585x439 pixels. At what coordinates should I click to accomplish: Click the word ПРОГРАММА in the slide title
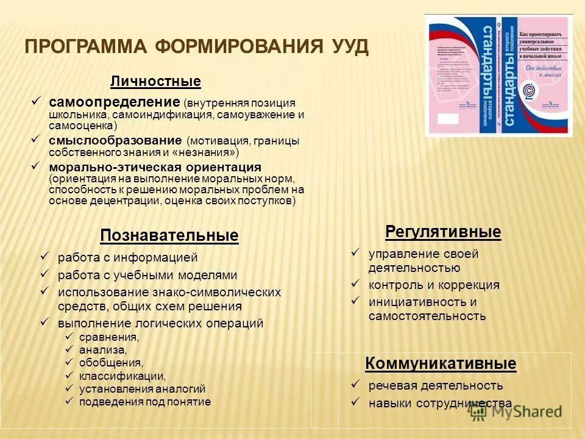(84, 48)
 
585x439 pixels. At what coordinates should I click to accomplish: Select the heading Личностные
(155, 81)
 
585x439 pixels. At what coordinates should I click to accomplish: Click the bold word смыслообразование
(116, 140)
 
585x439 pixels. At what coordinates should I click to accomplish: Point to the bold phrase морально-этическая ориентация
(155, 166)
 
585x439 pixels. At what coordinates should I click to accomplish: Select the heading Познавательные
(169, 235)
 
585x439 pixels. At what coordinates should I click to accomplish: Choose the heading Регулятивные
(443, 232)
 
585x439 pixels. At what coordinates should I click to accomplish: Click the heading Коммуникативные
(441, 364)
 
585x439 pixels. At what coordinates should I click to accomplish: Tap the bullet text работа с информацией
(128, 258)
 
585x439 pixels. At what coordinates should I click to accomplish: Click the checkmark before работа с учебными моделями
(44, 274)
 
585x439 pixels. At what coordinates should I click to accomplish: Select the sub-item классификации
(122, 376)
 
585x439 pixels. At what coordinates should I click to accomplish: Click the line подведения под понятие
(145, 401)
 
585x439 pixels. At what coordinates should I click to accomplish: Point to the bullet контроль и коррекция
(434, 285)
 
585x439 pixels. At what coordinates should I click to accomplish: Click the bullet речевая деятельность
(436, 385)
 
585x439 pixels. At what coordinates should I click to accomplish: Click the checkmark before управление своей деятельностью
(356, 252)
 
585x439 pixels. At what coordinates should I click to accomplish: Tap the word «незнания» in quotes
(207, 152)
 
